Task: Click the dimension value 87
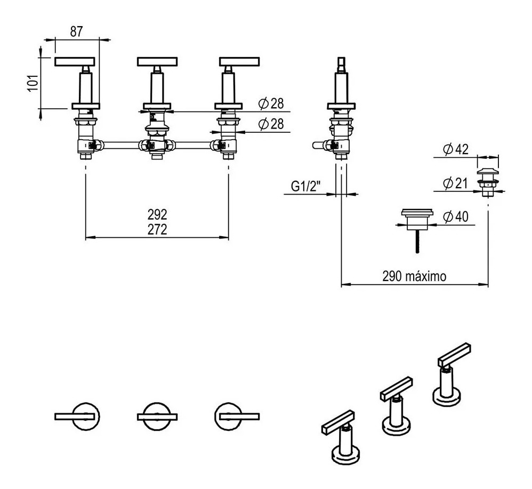pos(76,31)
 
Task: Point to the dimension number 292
pos(157,214)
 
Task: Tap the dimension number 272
pos(157,229)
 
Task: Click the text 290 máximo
pos(414,276)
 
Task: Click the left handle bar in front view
pos(75,61)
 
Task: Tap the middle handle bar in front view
pos(157,61)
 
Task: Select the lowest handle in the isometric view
pos(338,422)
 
